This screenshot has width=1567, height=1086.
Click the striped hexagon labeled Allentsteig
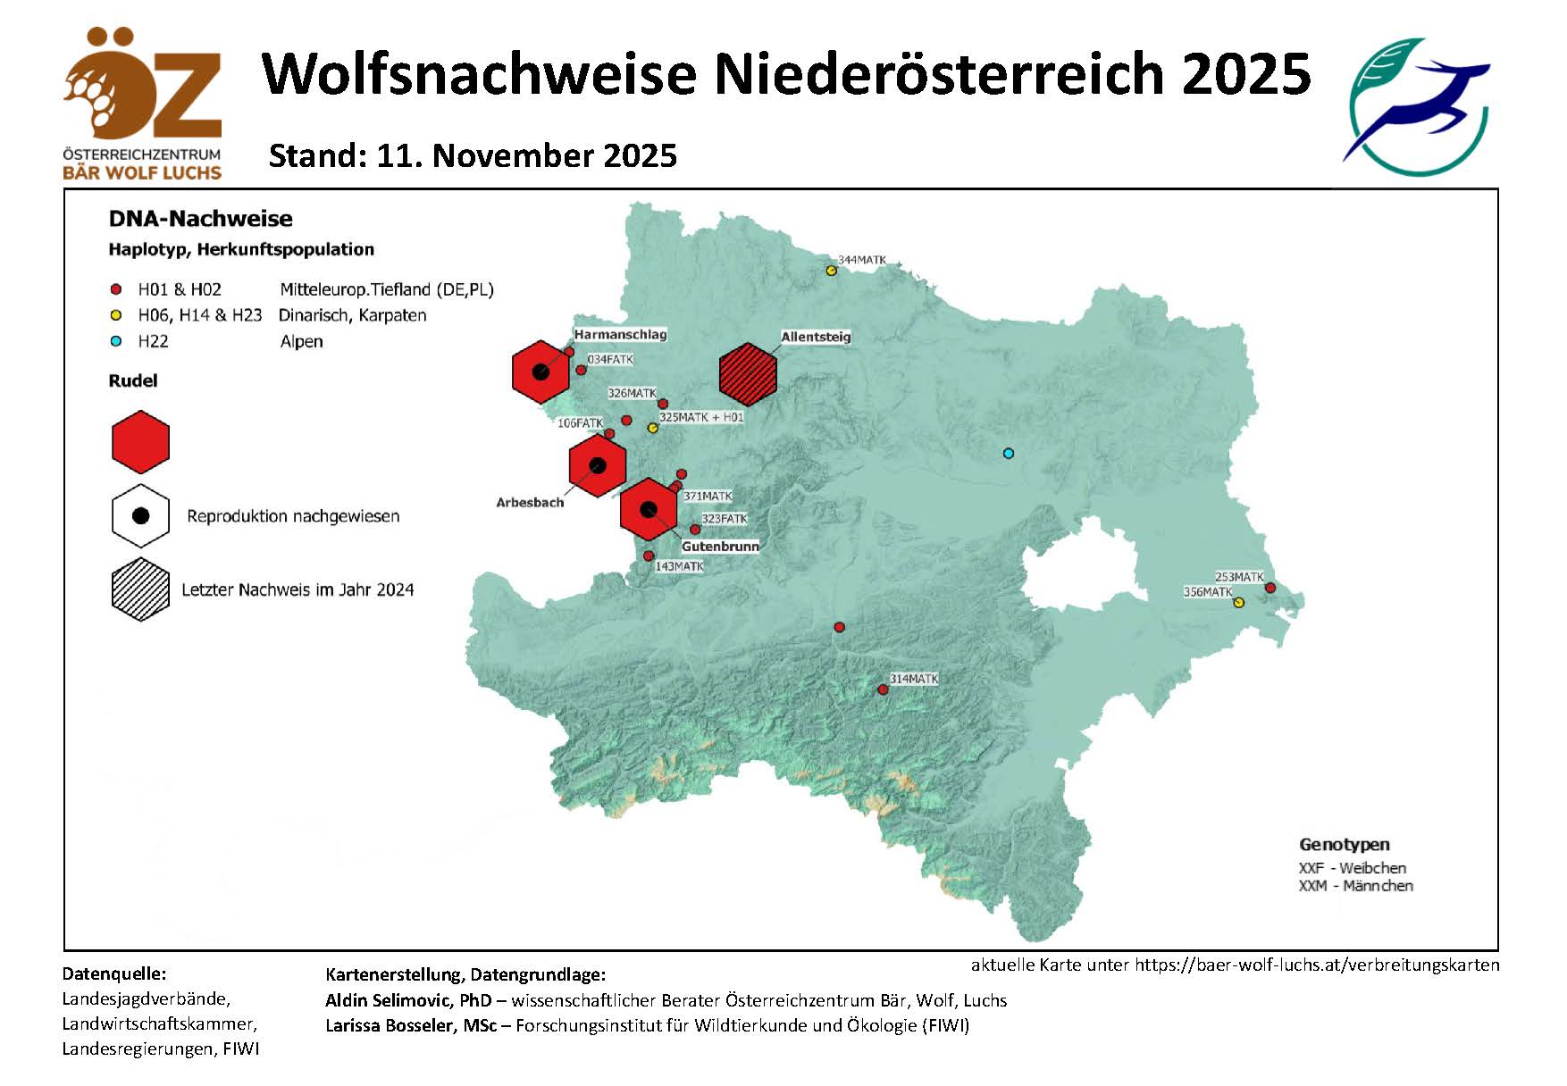pyautogui.click(x=748, y=372)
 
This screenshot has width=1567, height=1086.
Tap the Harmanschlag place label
pyautogui.click(x=620, y=335)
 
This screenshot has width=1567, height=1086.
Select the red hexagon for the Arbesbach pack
pyautogui.click(x=598, y=465)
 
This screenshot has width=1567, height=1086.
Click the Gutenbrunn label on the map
pyautogui.click(x=720, y=546)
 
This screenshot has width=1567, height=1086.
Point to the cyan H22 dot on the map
pyautogui.click(x=1009, y=454)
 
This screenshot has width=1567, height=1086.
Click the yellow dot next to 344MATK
pyautogui.click(x=831, y=271)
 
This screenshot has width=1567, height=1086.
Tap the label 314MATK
pyautogui.click(x=914, y=679)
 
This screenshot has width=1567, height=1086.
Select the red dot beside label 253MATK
pyautogui.click(x=1270, y=588)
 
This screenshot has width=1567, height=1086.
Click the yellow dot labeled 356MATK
pyautogui.click(x=1238, y=603)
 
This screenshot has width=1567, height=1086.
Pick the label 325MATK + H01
pyautogui.click(x=701, y=417)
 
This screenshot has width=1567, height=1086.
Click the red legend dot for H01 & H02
pyautogui.click(x=115, y=289)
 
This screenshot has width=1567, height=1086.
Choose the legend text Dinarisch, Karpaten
pyautogui.click(x=352, y=315)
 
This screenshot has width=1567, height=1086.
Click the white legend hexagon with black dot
pyautogui.click(x=140, y=516)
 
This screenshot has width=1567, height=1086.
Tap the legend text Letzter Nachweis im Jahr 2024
pyautogui.click(x=297, y=589)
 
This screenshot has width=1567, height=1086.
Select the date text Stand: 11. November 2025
pyautogui.click(x=473, y=155)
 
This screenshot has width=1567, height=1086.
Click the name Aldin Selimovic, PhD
pyautogui.click(x=408, y=1000)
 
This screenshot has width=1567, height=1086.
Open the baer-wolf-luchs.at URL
pyautogui.click(x=1317, y=965)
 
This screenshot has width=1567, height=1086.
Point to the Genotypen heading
pyautogui.click(x=1344, y=844)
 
